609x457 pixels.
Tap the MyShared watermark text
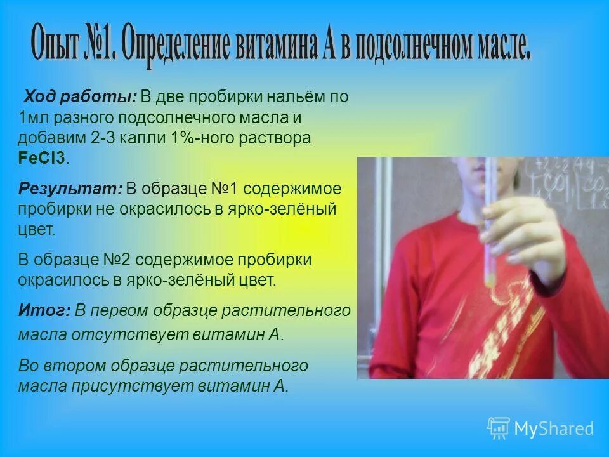tap(554, 428)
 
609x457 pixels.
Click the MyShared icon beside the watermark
tap(499, 428)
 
